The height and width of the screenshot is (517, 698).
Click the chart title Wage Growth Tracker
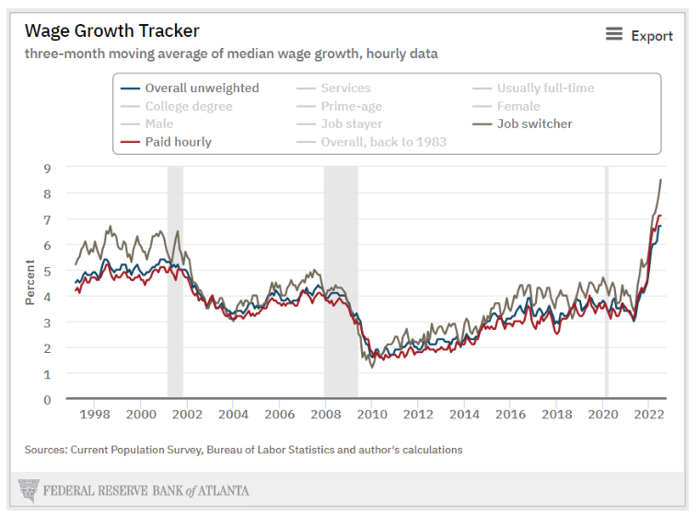pos(112,32)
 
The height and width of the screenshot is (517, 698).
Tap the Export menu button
pos(639,35)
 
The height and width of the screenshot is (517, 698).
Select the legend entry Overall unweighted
pos(202,88)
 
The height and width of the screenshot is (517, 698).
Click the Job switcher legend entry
pos(534,123)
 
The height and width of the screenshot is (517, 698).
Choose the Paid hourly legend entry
pos(178,142)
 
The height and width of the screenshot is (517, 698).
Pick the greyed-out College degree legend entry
pos(188,106)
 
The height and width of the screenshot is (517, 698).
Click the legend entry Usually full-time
pos(545,88)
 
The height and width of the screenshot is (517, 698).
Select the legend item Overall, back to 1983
pos(383,142)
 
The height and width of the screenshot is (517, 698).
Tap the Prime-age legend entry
pos(351,106)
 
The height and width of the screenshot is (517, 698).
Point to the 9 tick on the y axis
pos(46,168)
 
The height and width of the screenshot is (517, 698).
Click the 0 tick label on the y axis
pos(46,400)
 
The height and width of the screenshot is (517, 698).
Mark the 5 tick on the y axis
pos(46,271)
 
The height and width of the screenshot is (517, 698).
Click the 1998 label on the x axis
pos(95,415)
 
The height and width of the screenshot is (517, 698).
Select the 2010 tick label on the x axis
pos(372,415)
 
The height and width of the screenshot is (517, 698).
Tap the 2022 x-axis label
pos(649,415)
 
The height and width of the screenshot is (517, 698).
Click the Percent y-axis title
pos(30,283)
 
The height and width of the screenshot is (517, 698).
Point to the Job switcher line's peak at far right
pos(660,180)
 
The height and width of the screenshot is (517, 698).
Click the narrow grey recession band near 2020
pos(606,276)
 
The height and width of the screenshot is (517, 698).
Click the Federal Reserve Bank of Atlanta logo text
pos(145,490)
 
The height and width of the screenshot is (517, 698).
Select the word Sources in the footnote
pos(47,450)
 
